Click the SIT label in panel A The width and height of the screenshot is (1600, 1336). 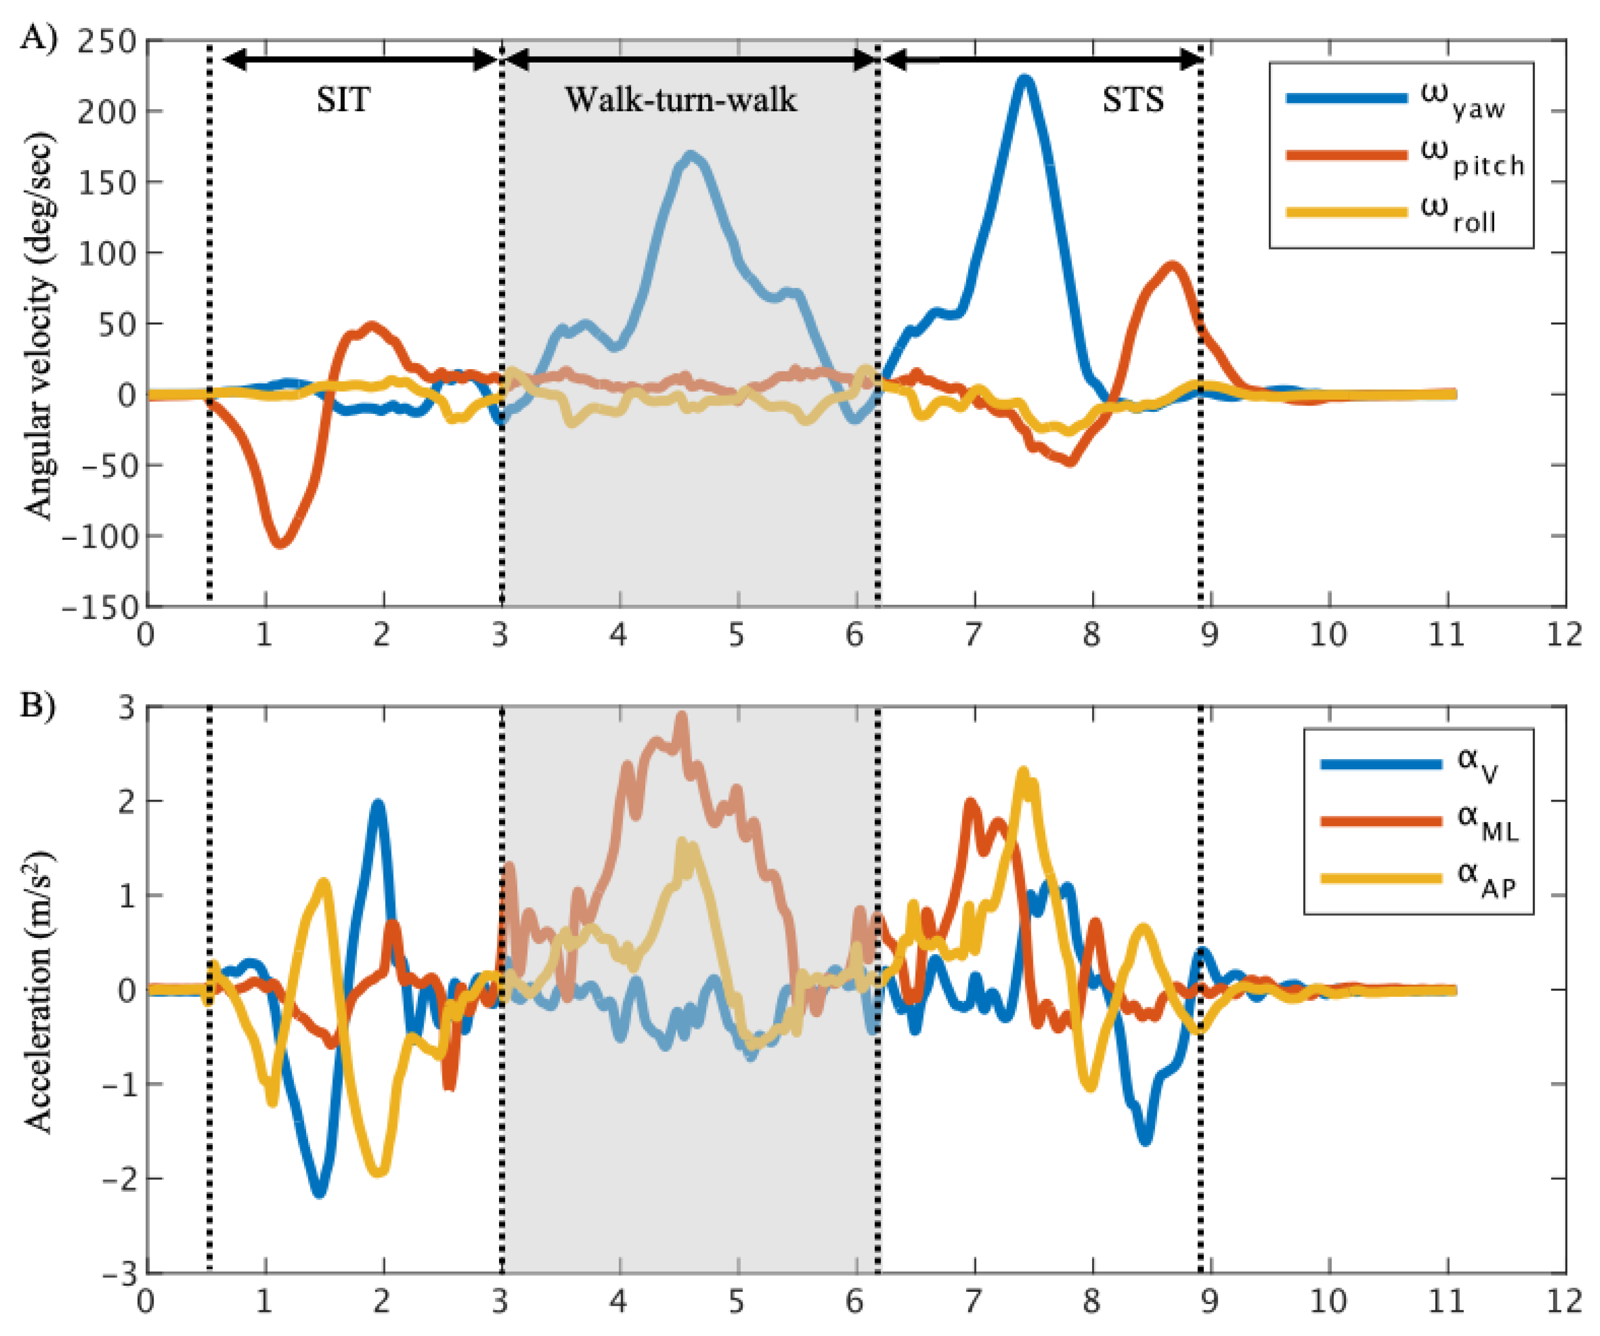click(x=344, y=100)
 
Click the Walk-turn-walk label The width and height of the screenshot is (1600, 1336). click(x=680, y=100)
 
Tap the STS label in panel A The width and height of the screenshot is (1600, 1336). click(x=1133, y=100)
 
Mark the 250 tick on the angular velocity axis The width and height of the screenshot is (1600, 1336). click(x=107, y=41)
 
